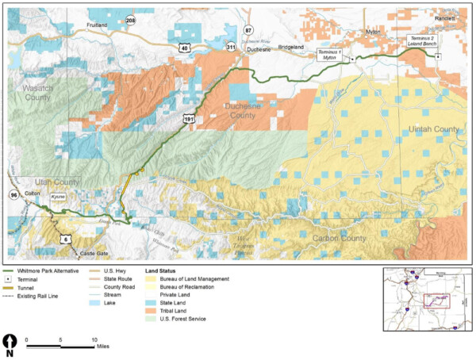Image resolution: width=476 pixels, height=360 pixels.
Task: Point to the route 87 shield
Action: click(248, 30)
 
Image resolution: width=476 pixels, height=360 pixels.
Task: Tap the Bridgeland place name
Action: click(292, 47)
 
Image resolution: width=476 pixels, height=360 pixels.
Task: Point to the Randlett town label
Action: click(447, 16)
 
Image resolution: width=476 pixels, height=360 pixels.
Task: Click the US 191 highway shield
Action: click(188, 118)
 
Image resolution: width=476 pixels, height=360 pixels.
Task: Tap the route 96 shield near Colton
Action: click(13, 193)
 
